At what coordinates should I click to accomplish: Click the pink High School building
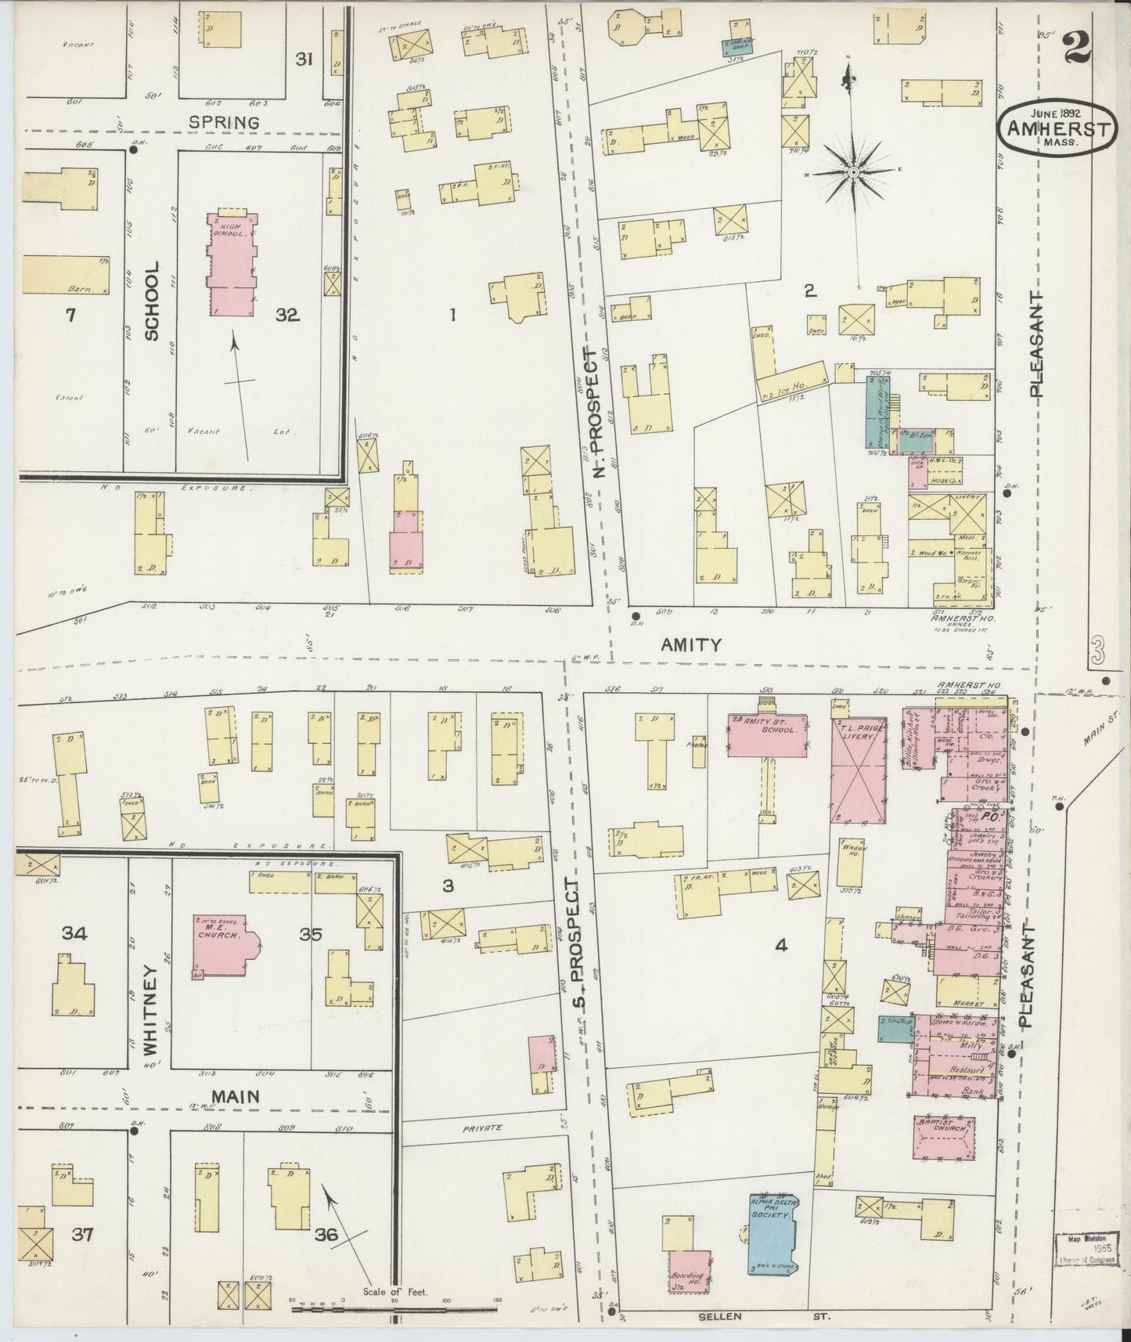pos(232,262)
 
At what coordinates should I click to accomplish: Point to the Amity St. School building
pos(768,735)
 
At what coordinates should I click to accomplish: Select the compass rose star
pos(852,171)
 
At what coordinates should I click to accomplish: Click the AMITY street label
pos(689,645)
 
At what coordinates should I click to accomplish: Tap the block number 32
pos(287,315)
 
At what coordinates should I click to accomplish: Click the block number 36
pos(326,1235)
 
